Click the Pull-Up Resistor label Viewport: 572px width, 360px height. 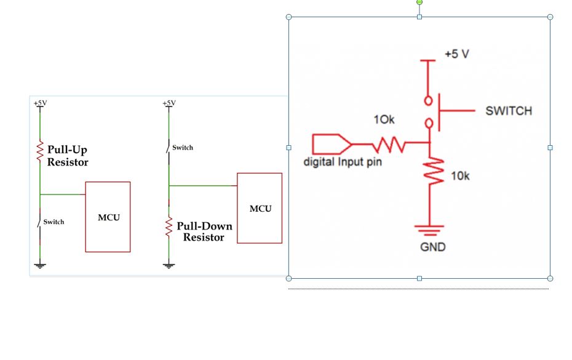pyautogui.click(x=67, y=156)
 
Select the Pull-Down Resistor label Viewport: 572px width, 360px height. pyautogui.click(x=204, y=231)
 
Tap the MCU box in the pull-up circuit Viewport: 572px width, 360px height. pyautogui.click(x=108, y=217)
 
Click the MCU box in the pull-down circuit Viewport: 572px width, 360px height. pyautogui.click(x=260, y=208)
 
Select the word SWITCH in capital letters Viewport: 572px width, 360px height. pyautogui.click(x=509, y=111)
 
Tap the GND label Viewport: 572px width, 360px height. pyautogui.click(x=433, y=247)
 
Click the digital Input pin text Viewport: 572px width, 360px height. pyautogui.click(x=343, y=162)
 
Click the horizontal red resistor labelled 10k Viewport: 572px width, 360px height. pyautogui.click(x=389, y=145)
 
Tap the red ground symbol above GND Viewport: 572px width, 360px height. pyautogui.click(x=429, y=231)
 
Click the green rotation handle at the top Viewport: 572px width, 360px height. pyautogui.click(x=419, y=2)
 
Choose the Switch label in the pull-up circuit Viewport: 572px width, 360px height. pyautogui.click(x=54, y=222)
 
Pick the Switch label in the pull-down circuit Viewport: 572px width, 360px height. pyautogui.click(x=182, y=147)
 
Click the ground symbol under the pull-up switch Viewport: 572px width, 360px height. pyautogui.click(x=41, y=266)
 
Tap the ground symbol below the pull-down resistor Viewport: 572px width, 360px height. pyautogui.click(x=169, y=266)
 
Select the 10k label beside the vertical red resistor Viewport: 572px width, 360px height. pyautogui.click(x=460, y=176)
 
